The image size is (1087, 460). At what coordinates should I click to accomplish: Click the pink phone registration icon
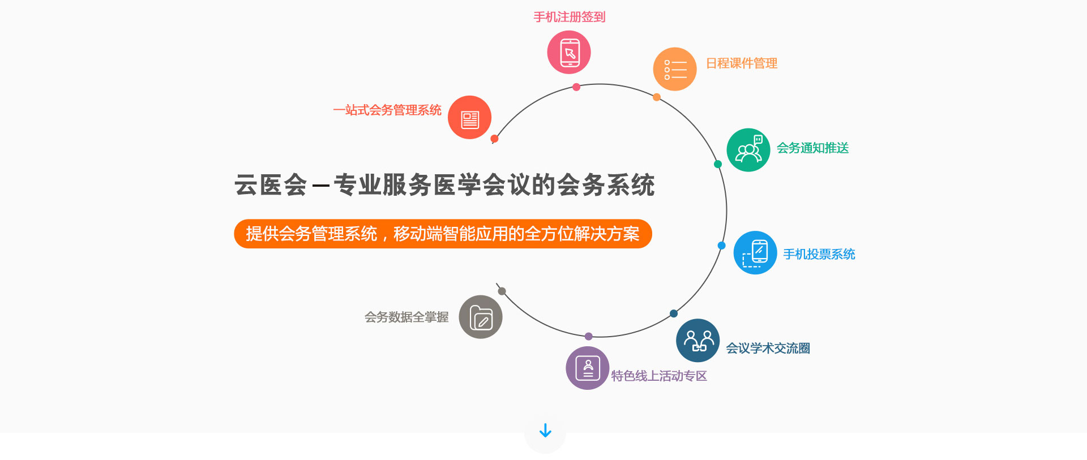click(569, 52)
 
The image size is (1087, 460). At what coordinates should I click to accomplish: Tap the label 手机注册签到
click(570, 17)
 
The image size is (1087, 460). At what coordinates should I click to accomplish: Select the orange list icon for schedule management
click(675, 69)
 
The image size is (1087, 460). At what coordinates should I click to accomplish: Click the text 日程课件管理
click(742, 63)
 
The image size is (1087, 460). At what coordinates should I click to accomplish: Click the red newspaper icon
click(469, 117)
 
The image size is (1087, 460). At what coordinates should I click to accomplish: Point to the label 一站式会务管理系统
click(387, 110)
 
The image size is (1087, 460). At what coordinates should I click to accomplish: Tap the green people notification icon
click(748, 150)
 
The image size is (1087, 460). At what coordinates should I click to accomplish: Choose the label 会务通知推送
click(812, 148)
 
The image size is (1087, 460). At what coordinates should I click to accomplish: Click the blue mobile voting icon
click(755, 253)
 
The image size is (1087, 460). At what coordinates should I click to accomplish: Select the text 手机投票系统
click(819, 255)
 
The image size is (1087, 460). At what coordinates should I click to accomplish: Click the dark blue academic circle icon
click(698, 341)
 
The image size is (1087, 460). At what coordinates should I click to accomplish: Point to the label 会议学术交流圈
click(768, 349)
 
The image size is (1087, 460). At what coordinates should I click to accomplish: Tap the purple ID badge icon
click(588, 368)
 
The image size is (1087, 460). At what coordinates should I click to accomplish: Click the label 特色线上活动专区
click(659, 376)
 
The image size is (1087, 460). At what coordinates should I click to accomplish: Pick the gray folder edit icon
click(481, 317)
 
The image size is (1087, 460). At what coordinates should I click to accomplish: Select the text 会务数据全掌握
click(406, 317)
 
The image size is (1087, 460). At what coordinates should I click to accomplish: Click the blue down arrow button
click(545, 431)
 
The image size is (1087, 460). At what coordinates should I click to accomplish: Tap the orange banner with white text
click(443, 234)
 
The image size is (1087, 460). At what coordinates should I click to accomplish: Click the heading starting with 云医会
click(444, 185)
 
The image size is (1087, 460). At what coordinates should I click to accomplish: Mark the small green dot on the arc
click(718, 164)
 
